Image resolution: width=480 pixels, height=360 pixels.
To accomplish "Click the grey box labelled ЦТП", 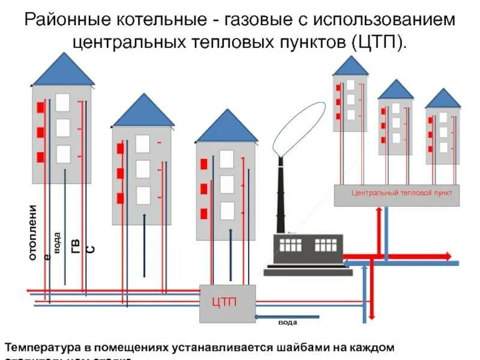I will click(227, 303).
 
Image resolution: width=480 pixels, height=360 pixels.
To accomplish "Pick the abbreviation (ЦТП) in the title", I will click(371, 42).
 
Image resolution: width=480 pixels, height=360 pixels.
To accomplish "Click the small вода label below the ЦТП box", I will click(287, 323).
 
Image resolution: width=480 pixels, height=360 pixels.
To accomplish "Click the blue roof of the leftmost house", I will click(63, 70).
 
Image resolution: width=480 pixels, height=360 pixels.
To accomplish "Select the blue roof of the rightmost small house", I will click(443, 99).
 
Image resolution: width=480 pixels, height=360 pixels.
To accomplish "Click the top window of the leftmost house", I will click(63, 102).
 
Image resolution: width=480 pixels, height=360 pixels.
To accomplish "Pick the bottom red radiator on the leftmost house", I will click(41, 157).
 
